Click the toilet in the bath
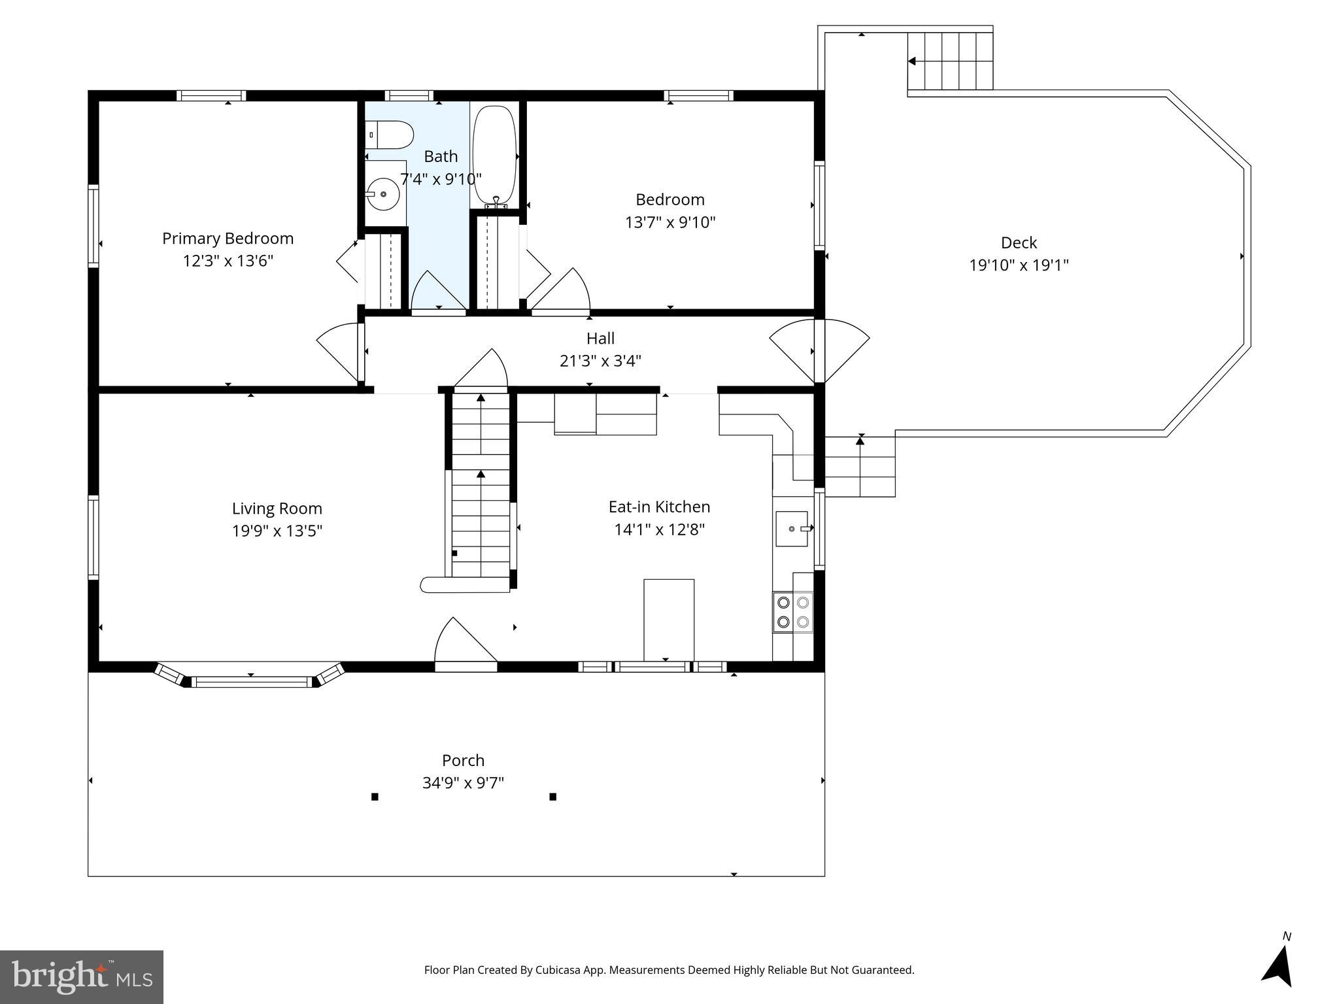point(390,135)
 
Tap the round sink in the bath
point(382,194)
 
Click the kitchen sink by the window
point(791,528)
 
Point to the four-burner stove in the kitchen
point(792,612)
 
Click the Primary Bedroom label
point(228,239)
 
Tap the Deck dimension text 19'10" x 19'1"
point(1019,265)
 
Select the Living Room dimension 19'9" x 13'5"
point(277,530)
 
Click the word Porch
point(463,760)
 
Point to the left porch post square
point(375,796)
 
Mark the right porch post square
point(552,796)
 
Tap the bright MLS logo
point(82,977)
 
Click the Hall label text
point(600,339)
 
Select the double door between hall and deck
point(819,351)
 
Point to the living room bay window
point(251,680)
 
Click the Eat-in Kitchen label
point(659,507)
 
